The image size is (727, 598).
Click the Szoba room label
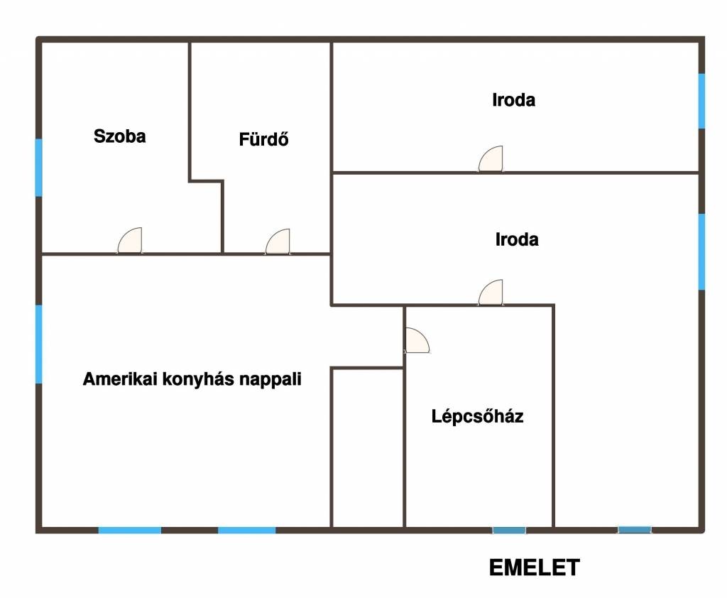119,136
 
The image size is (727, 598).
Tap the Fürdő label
264,138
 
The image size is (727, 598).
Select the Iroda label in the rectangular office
514,99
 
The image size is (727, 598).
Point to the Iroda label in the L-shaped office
517,239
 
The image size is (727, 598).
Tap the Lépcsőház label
478,416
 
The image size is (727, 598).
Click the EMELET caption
535,567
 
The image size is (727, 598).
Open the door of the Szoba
130,241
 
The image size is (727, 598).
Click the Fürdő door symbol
278,241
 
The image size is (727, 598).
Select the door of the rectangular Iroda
491,159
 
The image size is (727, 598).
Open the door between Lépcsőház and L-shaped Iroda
491,293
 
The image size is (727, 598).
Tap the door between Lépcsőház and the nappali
417,340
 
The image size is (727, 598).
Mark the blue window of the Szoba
39,168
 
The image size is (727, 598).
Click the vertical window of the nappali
39,344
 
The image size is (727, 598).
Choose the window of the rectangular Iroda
702,101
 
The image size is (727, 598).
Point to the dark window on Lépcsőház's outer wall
509,531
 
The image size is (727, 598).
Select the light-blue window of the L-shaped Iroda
702,251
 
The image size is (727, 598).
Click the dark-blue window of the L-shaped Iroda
634,530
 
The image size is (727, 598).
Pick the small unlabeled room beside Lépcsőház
368,448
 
